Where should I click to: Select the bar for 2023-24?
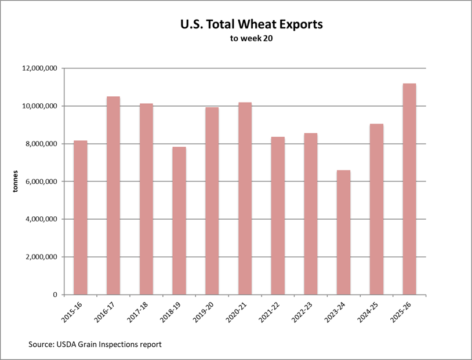343,232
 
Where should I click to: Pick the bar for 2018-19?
179,221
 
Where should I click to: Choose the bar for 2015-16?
80,217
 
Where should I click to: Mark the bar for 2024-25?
376,209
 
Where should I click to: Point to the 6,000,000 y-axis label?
40,181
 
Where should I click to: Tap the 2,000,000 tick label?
40,257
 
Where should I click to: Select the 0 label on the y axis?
55,294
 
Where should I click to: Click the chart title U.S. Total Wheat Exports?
243,26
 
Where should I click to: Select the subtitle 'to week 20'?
243,40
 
